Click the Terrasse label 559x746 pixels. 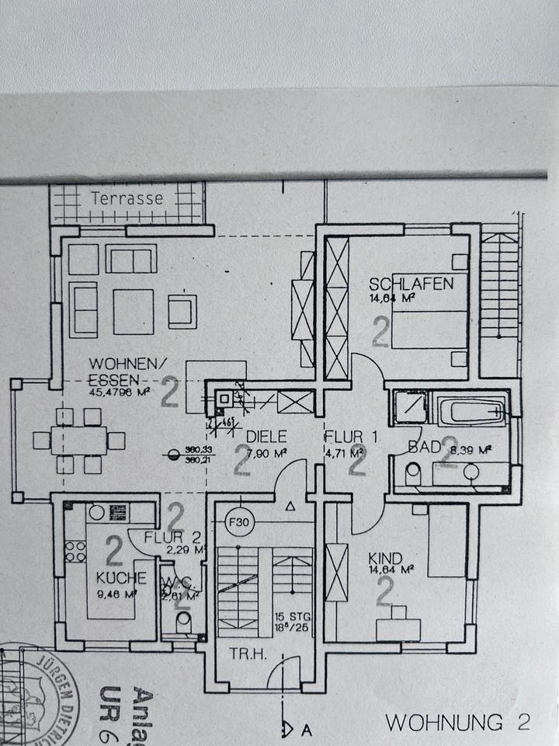(x=127, y=198)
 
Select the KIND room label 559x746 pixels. (x=387, y=558)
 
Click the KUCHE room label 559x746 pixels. (x=121, y=577)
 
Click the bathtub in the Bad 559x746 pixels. (x=471, y=410)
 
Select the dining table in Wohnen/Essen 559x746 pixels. (x=79, y=441)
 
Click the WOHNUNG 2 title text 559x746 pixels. (x=457, y=722)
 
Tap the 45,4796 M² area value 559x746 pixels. (x=117, y=392)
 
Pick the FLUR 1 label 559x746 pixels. (x=351, y=437)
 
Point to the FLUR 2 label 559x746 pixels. (x=166, y=536)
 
